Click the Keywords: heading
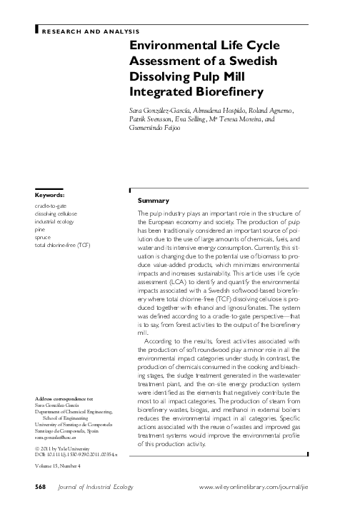[x=50, y=195]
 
